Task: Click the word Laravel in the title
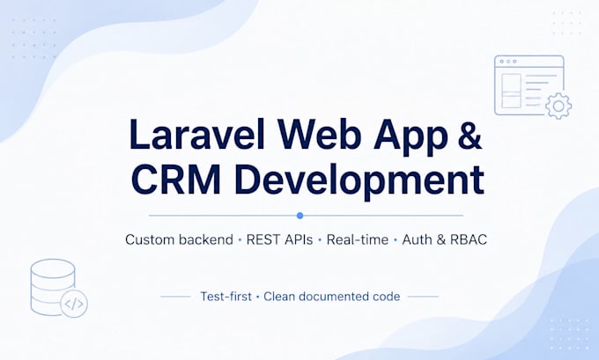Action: coord(196,135)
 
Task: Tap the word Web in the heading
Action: coord(319,135)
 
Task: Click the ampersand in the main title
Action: coord(470,135)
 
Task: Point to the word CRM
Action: coord(176,179)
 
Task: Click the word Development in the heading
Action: coord(360,181)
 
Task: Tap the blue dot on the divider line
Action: coord(299,216)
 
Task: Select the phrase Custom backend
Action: coord(179,239)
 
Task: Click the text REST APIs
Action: coord(279,239)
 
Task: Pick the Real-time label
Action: coord(357,239)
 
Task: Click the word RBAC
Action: coord(469,239)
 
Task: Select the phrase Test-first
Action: coord(226,297)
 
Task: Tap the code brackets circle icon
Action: coord(74,304)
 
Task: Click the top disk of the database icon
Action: coord(53,268)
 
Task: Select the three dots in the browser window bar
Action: coord(508,62)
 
